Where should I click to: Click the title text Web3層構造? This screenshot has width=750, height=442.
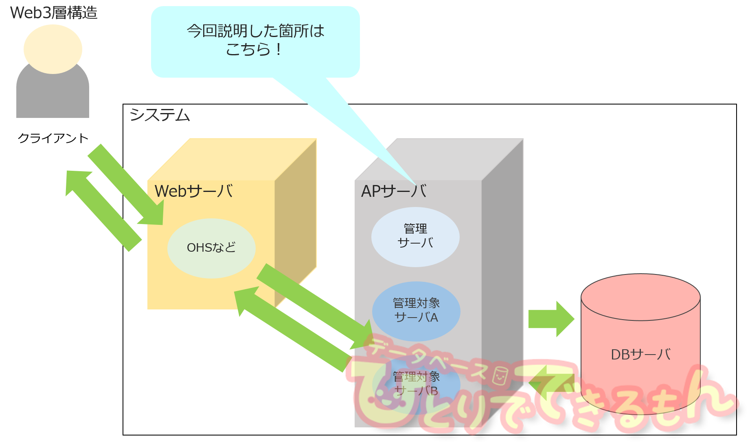(x=54, y=13)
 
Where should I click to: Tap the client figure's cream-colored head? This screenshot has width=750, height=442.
(x=53, y=49)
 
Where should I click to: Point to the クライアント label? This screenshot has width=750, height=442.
(x=53, y=138)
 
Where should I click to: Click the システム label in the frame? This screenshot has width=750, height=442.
(x=160, y=115)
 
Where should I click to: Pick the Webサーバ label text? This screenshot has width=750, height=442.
(x=194, y=191)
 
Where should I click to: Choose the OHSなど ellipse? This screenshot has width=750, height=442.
(x=211, y=248)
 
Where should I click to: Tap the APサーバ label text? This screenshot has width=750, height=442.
(x=394, y=191)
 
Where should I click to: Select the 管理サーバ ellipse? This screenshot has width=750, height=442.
(x=415, y=237)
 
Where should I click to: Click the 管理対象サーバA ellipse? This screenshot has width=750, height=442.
(x=416, y=311)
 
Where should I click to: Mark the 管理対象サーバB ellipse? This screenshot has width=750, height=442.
(x=416, y=384)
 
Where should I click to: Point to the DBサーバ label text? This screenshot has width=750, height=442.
(x=640, y=355)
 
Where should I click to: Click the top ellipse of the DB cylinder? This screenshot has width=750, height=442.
(x=640, y=297)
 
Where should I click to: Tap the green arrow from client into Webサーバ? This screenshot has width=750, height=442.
(x=126, y=185)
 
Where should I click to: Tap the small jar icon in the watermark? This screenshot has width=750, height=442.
(x=500, y=376)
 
